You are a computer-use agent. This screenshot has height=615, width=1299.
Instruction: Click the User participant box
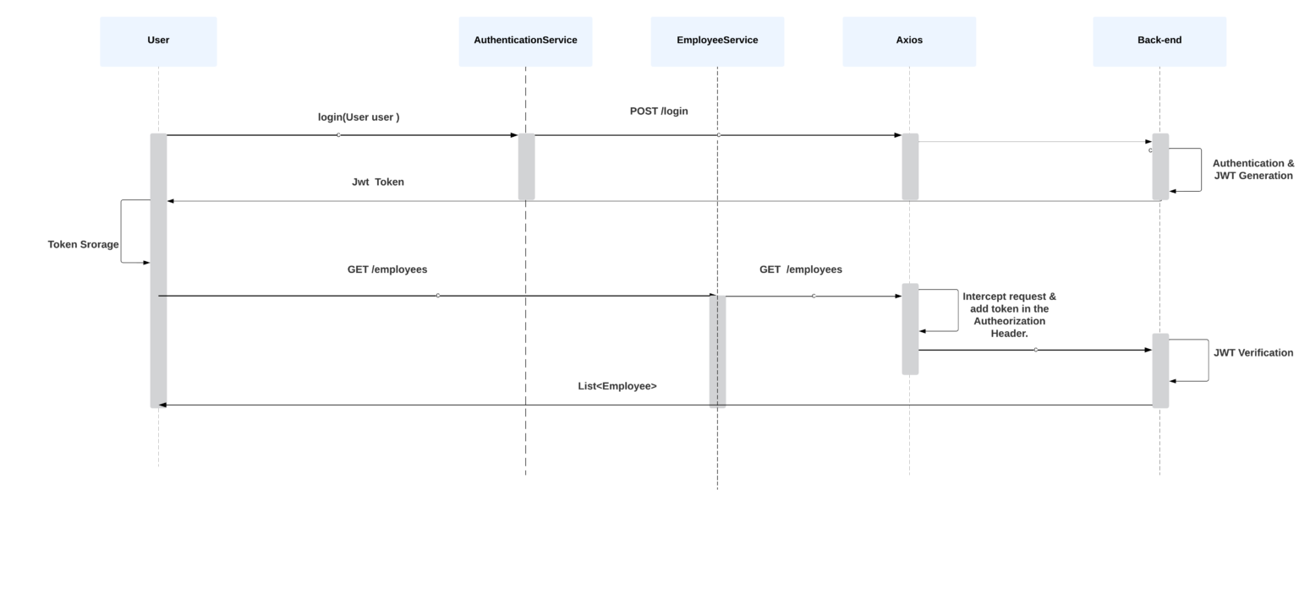click(x=158, y=41)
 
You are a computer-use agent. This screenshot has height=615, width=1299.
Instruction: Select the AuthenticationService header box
click(x=525, y=41)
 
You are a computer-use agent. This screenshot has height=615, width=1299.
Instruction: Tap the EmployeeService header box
click(x=717, y=41)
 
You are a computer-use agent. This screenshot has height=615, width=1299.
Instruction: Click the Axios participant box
click(x=909, y=41)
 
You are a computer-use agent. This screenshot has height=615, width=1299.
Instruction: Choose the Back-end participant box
click(x=1159, y=41)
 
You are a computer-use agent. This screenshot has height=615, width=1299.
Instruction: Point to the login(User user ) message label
click(x=359, y=117)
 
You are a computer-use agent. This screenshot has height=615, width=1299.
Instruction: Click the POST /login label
click(x=659, y=112)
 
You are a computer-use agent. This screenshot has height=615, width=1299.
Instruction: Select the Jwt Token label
click(x=378, y=182)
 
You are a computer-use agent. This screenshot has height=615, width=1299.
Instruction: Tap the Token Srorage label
click(x=83, y=245)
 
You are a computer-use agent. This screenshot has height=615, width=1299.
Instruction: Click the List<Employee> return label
click(x=617, y=387)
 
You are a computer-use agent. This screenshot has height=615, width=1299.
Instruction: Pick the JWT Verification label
click(x=1252, y=353)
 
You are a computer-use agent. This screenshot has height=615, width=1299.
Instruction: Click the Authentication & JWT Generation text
click(x=1252, y=170)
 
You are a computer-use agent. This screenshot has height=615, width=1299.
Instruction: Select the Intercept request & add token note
click(x=1009, y=315)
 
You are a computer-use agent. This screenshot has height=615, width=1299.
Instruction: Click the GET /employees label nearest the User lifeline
click(x=387, y=270)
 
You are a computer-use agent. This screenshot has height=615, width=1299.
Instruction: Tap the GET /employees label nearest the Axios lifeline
click(x=800, y=270)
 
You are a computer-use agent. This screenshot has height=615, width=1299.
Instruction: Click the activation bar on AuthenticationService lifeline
click(x=526, y=167)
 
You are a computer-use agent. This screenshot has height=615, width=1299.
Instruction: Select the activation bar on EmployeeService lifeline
click(x=717, y=351)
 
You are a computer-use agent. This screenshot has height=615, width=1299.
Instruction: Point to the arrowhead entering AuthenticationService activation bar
click(x=513, y=135)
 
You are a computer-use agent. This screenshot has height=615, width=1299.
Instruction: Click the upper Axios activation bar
click(x=910, y=167)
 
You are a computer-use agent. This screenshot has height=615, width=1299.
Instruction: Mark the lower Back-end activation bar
click(x=1160, y=370)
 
